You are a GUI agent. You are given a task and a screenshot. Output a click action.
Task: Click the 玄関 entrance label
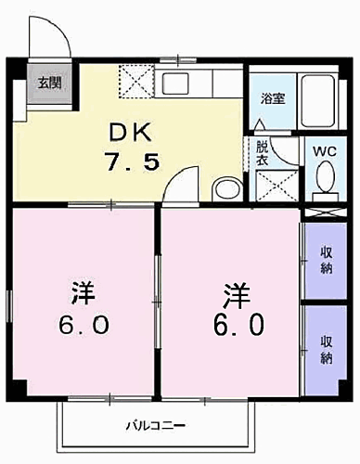pyautogui.click(x=44, y=82)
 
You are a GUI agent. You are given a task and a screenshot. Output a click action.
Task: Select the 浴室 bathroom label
pyautogui.click(x=271, y=96)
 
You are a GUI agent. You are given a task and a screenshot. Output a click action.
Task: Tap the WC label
pyautogui.click(x=323, y=150)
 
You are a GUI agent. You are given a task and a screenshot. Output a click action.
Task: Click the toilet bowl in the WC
pyautogui.click(x=325, y=176)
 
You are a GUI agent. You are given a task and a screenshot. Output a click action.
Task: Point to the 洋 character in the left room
pyautogui.click(x=81, y=295)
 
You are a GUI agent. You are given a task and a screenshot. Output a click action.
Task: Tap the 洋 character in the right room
pyautogui.click(x=235, y=295)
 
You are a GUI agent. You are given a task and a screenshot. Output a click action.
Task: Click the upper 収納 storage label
pyautogui.click(x=328, y=259)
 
